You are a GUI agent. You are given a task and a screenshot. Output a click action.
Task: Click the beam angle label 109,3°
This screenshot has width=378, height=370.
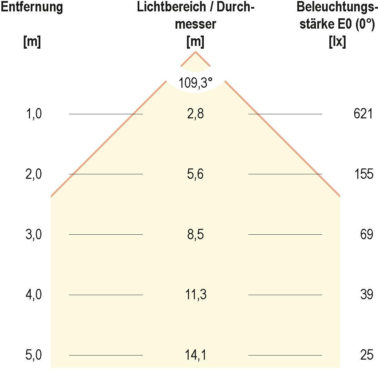pos(195,83)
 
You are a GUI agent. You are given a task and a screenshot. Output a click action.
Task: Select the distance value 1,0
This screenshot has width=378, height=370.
pos(33,114)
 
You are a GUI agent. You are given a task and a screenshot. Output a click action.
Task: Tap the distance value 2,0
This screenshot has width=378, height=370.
pos(33,174)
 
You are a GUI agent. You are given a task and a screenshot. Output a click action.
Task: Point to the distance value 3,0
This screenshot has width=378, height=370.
pos(33,235)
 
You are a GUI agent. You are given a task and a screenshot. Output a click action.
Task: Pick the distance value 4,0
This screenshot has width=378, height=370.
pos(33,295)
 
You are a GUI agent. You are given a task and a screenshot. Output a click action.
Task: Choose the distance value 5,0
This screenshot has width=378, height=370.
pos(33,355)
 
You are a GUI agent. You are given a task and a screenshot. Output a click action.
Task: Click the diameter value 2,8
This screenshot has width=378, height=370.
pos(195,114)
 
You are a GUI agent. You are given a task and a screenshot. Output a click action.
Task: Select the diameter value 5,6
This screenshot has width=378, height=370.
pos(195,174)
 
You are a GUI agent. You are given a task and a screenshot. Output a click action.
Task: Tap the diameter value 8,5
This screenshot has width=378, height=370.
pos(195,235)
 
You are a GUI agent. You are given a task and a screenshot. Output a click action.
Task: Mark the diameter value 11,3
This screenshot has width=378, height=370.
pos(195,295)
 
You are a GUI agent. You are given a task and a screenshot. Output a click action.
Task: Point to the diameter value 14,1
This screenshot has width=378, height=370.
pos(195,355)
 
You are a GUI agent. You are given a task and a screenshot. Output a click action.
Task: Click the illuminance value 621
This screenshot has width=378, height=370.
pos(363,114)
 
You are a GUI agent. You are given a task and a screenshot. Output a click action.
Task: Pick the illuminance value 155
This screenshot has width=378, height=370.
pos(364,174)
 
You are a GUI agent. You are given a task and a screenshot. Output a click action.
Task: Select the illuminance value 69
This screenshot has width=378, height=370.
pos(367,235)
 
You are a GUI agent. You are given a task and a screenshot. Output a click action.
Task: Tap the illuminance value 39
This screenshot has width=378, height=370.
pos(367,295)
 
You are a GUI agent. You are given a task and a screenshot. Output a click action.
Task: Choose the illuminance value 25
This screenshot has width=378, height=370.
pos(367,355)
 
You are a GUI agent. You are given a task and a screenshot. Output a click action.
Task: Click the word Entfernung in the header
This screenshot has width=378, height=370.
pos(32,7)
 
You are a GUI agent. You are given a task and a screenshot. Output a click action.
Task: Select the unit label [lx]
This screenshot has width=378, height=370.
pos(337,42)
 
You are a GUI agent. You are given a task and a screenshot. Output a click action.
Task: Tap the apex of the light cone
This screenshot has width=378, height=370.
pos(196,52)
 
